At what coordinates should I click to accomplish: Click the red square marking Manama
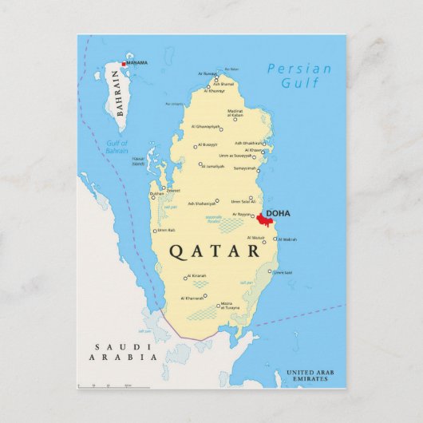pyautogui.click(x=124, y=64)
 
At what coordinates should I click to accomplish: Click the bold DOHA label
pyautogui.click(x=278, y=214)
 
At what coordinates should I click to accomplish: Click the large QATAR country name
pyautogui.click(x=215, y=251)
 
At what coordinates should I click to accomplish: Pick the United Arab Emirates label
pyautogui.click(x=310, y=376)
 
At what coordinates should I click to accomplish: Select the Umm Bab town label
pyautogui.click(x=166, y=231)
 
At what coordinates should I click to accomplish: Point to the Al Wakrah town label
pyautogui.click(x=288, y=239)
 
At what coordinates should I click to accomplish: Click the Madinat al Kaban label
pyautogui.click(x=235, y=113)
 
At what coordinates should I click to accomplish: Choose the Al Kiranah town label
pyautogui.click(x=197, y=276)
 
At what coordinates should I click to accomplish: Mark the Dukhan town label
pyautogui.click(x=156, y=193)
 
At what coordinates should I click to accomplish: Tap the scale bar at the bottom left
pyautogui.click(x=105, y=385)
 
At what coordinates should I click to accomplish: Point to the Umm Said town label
pyautogui.click(x=283, y=272)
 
